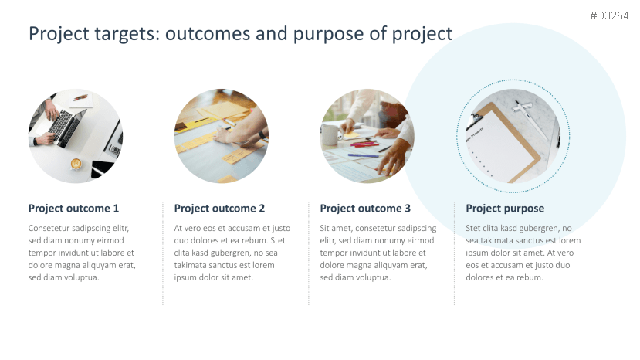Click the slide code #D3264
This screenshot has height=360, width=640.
(x=609, y=16)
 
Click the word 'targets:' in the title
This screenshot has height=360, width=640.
(x=127, y=34)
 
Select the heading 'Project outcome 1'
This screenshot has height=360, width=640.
(x=73, y=209)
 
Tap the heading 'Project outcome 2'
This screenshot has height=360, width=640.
(x=219, y=209)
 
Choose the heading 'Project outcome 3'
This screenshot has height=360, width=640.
(x=365, y=209)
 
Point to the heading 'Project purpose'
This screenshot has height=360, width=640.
(x=505, y=209)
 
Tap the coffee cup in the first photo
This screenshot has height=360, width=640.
(x=76, y=164)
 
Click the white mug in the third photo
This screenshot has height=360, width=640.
(x=330, y=135)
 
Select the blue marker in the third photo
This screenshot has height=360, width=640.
(x=364, y=156)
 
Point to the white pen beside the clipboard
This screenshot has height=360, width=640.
(x=530, y=117)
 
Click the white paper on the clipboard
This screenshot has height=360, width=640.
(x=501, y=146)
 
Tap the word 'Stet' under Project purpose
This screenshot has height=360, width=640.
(x=472, y=228)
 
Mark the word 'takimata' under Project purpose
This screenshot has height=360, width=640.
(x=495, y=241)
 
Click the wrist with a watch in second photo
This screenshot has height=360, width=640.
(x=262, y=134)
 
